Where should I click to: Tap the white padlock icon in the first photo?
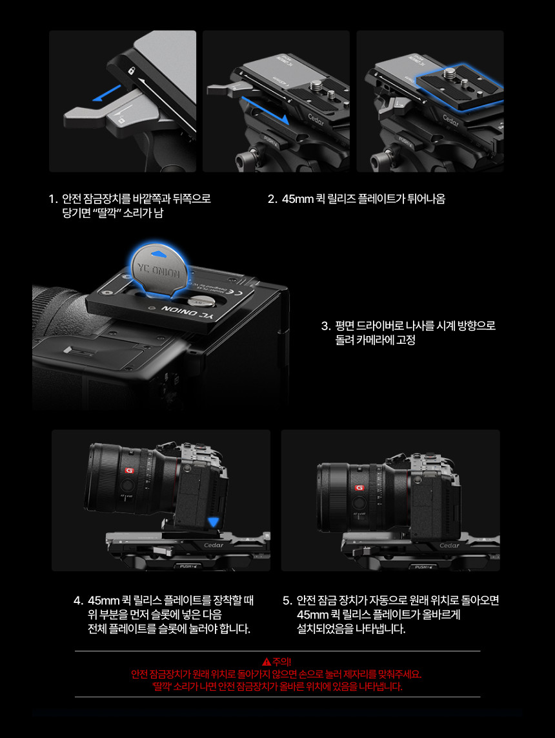[x=131, y=70]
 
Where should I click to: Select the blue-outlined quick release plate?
[x=459, y=86]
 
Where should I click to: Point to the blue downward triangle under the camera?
[x=214, y=522]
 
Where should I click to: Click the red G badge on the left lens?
[x=129, y=470]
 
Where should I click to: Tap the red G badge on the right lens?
[x=359, y=488]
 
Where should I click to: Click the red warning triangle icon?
[x=267, y=661]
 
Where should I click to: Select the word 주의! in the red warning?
[x=282, y=661]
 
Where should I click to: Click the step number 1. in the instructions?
[x=53, y=198]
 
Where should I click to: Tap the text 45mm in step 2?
[x=298, y=199]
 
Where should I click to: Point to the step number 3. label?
[x=326, y=326]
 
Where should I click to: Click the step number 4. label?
[x=79, y=600]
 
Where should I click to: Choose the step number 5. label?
[x=288, y=600]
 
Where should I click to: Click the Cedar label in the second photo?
[x=316, y=120]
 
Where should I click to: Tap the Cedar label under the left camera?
[x=214, y=545]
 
